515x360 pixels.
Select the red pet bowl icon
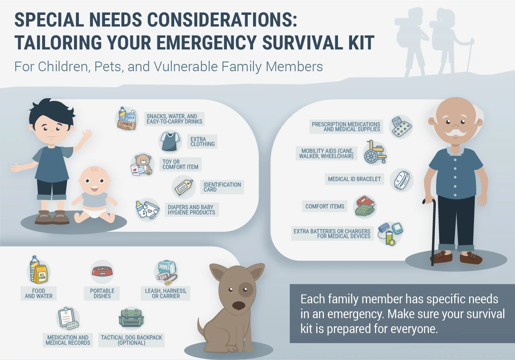click(102, 272)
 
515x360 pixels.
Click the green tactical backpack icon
click(131, 319)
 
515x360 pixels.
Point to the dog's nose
click(239, 305)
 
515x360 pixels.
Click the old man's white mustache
click(456, 132)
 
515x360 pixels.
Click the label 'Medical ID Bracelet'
click(354, 179)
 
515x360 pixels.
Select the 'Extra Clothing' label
click(202, 142)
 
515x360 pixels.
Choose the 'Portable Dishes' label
click(102, 293)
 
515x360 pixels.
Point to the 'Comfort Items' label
click(325, 206)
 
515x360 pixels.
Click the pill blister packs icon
click(401, 126)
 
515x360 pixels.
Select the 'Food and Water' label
click(39, 293)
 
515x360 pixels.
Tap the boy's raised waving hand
click(87, 136)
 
